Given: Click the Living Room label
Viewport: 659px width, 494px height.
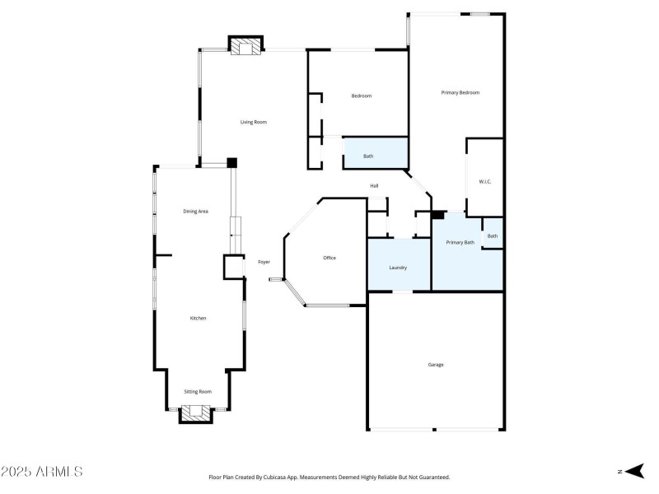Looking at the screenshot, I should click(x=253, y=123).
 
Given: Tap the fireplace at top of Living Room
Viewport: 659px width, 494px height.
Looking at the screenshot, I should click(x=245, y=47).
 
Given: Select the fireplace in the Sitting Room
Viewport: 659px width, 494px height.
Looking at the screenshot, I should click(x=196, y=413).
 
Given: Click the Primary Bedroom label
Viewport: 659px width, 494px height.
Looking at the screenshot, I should click(x=460, y=93).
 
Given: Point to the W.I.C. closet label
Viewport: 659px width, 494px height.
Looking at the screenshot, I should click(x=485, y=182).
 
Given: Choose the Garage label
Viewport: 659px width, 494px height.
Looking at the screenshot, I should click(x=436, y=365).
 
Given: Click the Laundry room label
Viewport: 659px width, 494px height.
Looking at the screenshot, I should click(x=398, y=268).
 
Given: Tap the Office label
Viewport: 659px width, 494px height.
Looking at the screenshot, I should click(x=329, y=259).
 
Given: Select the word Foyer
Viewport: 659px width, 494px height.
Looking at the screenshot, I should click(x=264, y=262).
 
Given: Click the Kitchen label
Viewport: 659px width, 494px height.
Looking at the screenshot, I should click(x=198, y=318).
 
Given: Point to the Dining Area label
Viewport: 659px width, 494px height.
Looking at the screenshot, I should click(x=195, y=212).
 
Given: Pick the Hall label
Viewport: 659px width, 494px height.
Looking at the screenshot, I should click(x=374, y=186).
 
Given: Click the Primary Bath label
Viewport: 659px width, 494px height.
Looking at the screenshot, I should click(x=460, y=243).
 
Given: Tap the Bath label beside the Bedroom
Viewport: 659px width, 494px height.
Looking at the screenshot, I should click(x=368, y=156).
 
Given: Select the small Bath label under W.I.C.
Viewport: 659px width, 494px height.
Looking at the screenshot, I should click(x=492, y=236).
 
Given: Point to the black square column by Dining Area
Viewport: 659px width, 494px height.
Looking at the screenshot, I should click(x=232, y=163).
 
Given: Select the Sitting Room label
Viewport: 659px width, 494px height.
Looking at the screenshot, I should click(x=197, y=392).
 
